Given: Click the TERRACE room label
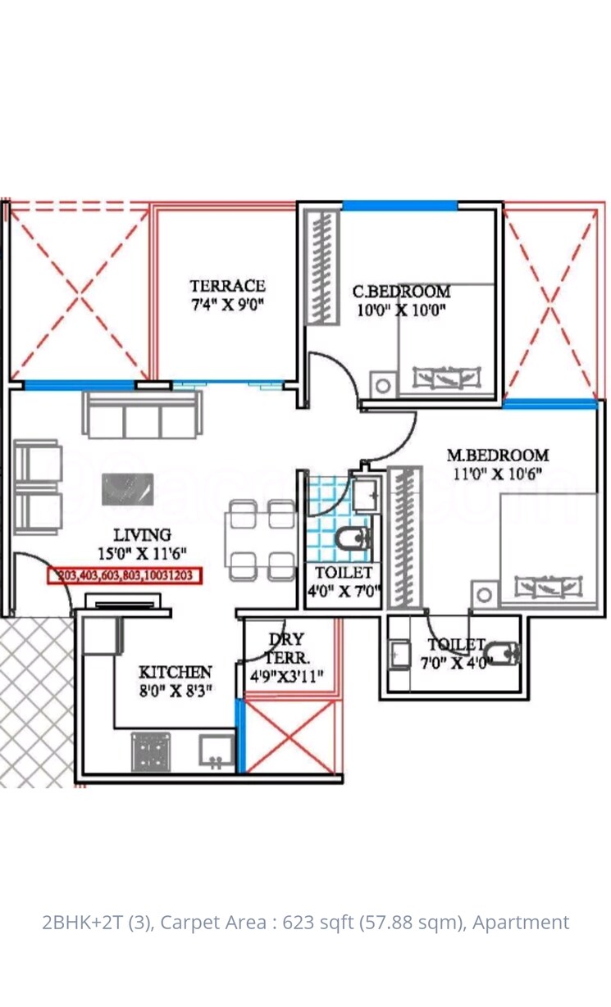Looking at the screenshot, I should coord(227,286).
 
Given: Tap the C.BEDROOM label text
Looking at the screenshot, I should coord(401,291).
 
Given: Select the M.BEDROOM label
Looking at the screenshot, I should coord(497,455).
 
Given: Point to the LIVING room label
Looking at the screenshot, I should coord(142,536).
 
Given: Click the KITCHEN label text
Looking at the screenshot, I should coord(175,672).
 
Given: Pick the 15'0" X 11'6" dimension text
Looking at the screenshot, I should coord(142,554).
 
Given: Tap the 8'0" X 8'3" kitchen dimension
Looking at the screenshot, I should coord(175,690).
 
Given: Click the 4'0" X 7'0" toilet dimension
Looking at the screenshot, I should coord(343,591).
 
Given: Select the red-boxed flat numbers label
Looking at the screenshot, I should coord(125,575).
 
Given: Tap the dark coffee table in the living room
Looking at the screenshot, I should coord(126,489).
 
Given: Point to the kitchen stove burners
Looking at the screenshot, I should coord(150,751).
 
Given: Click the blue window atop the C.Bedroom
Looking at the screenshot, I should coord(399,206).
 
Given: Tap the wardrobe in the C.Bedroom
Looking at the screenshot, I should coord(321,267).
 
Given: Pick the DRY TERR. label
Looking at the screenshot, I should coord(286,647).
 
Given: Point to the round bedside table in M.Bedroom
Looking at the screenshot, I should coord(483,594).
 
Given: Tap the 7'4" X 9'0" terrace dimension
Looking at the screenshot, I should coord(227,305).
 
